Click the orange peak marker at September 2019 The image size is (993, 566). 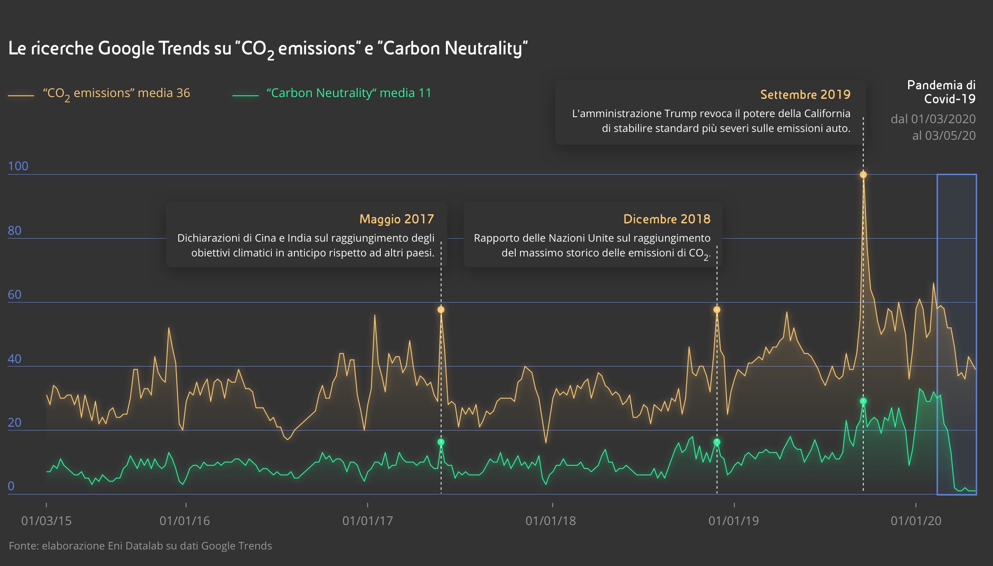tap(863, 175)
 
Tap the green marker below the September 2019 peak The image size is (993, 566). tap(863, 401)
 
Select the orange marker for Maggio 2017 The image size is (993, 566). tap(441, 310)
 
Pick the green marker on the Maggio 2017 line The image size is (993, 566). tap(441, 442)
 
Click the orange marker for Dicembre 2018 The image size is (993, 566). tap(717, 310)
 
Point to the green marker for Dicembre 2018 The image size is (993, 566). tap(717, 442)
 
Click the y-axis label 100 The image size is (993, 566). tap(18, 166)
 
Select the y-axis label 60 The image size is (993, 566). tap(14, 294)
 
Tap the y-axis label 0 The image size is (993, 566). tap(11, 486)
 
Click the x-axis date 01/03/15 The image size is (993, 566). tap(46, 521)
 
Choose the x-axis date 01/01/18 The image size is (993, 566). tap(551, 521)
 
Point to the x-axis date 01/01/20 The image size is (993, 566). tap(916, 521)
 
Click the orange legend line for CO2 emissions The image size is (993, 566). tap(21, 95)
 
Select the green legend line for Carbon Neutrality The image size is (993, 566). tap(246, 95)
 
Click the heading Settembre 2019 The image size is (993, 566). tap(805, 94)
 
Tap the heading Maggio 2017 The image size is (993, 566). tap(396, 219)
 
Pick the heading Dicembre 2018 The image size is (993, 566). tap(667, 219)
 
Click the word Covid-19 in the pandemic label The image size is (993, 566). tap(949, 99)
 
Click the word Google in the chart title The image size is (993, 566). tap(126, 48)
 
